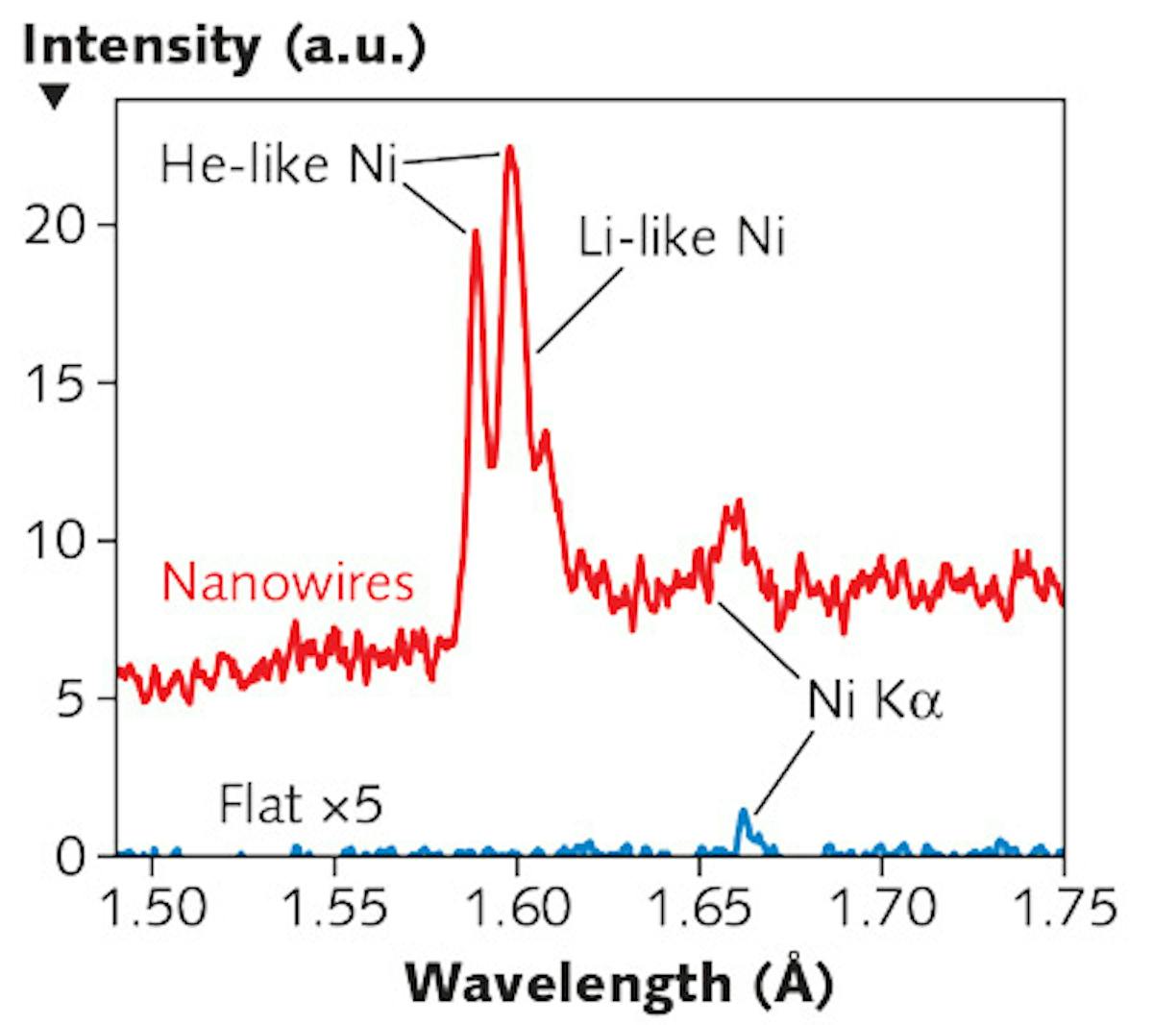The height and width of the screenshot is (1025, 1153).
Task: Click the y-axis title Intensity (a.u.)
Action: (x=223, y=47)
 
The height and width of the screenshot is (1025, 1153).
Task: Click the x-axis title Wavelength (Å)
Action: (x=619, y=983)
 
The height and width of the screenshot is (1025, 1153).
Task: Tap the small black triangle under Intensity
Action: (x=55, y=96)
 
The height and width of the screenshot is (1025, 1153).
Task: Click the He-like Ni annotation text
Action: (x=279, y=164)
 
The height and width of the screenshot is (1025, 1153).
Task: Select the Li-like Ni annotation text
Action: (x=681, y=236)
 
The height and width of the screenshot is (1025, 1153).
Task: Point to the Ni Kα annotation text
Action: (x=874, y=702)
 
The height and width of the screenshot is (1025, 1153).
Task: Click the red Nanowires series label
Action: (x=287, y=583)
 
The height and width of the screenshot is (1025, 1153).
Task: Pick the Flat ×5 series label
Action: (x=301, y=805)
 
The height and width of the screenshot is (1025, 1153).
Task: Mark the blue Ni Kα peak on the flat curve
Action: (x=743, y=817)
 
